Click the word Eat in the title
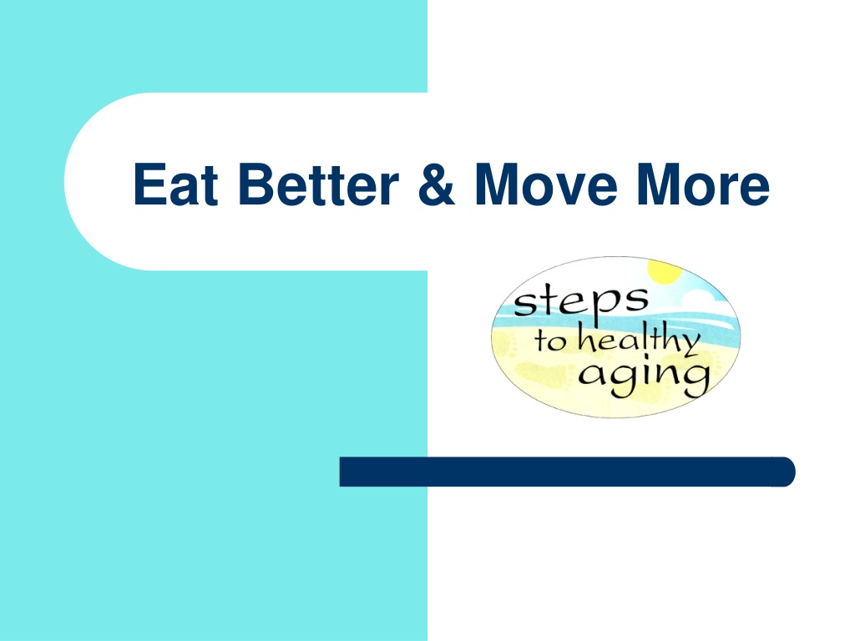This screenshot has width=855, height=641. coord(175,184)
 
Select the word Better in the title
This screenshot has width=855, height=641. coord(318,184)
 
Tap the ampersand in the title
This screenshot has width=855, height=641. coord(436,184)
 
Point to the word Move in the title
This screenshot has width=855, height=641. coord(546,184)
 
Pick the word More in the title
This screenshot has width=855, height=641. coord(703,184)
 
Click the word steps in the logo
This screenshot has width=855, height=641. coord(581,301)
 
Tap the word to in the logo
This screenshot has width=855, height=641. coord(550,341)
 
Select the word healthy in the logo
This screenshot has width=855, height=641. coord(639,339)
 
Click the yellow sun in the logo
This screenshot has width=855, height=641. coord(665,271)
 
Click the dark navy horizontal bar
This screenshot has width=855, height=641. coord(567,472)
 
